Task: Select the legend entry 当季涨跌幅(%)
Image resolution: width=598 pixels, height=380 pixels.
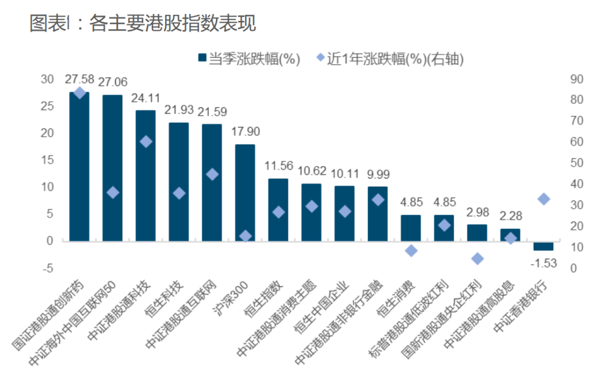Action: point(249,58)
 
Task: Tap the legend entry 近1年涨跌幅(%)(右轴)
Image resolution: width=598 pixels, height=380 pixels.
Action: point(387,58)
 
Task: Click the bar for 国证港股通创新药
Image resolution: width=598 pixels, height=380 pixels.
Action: point(79,166)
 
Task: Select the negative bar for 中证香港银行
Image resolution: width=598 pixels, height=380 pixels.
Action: point(543,246)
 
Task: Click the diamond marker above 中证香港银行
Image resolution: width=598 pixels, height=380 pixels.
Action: point(544,199)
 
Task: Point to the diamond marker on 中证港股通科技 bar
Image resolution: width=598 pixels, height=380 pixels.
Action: point(146,142)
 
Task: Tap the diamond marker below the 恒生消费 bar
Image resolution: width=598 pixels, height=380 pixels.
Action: point(411,250)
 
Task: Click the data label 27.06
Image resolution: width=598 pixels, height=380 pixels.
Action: point(112,83)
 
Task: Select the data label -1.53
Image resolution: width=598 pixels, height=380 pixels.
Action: point(543,263)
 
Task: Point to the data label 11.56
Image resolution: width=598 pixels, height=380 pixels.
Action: point(278,166)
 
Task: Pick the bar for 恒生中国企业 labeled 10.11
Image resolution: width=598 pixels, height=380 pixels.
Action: point(344,213)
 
